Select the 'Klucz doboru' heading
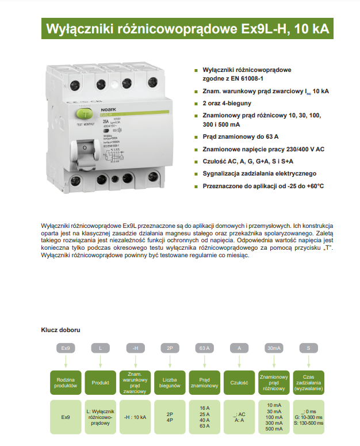click(60, 330)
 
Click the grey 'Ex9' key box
click(66, 348)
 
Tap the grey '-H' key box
click(135, 348)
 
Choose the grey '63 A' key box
click(204, 348)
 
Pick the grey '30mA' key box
click(274, 348)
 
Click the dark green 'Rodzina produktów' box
click(66, 382)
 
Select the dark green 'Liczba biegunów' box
click(170, 382)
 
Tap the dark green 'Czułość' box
click(239, 382)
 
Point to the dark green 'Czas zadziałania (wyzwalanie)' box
click(308, 382)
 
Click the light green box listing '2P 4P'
click(170, 417)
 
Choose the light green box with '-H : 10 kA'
click(135, 417)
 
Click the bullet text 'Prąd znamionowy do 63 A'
click(241, 137)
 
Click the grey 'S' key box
click(308, 348)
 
